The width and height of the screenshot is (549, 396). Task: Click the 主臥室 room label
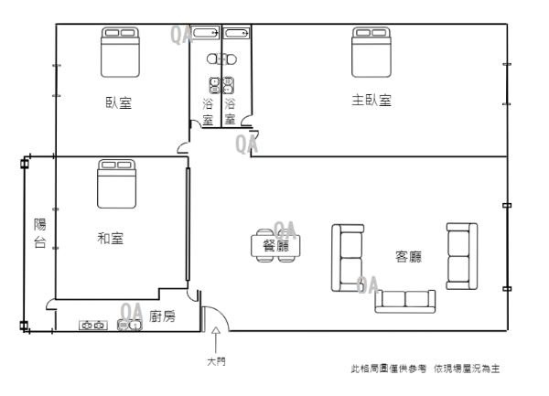pos(371,101)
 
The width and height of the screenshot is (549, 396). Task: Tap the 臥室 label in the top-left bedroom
pos(118,102)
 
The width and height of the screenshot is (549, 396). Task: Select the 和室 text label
pos(111,239)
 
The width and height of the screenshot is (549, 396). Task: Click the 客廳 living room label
pos(408,257)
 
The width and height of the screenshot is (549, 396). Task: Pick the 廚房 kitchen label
pos(162,316)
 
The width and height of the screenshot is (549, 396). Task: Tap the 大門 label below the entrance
pos(215,361)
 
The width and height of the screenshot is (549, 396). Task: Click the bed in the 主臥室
pos(371,52)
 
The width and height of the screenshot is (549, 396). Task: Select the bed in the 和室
pos(117,184)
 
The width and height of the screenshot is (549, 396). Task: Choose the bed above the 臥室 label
pos(119,51)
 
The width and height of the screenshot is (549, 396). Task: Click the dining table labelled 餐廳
pos(274,246)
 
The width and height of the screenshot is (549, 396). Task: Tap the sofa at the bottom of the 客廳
pos(404,299)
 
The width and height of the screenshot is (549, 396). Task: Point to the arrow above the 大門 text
pos(215,339)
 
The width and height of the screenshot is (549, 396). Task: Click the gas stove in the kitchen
pos(94,325)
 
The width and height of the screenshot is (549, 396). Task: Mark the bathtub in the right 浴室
pos(237,34)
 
